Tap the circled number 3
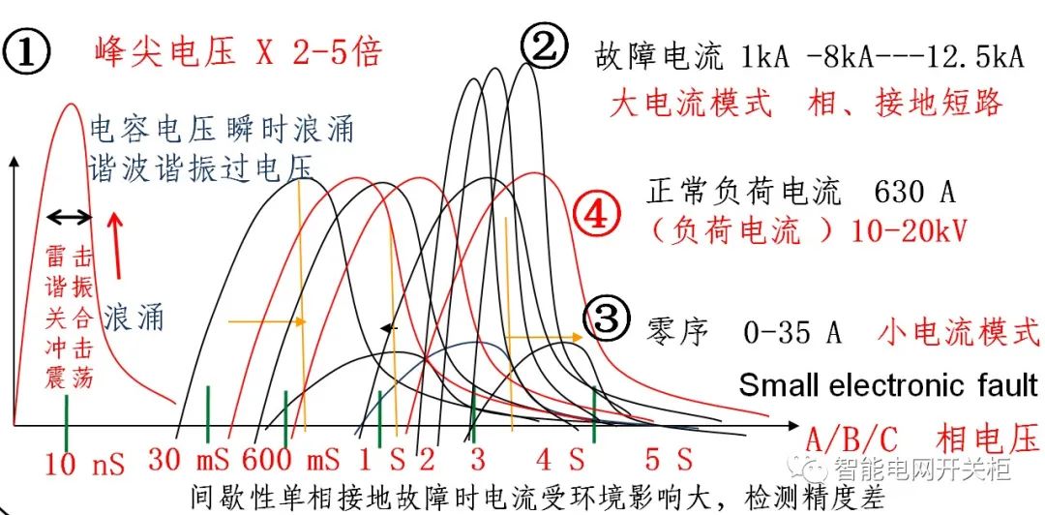(x=612, y=318)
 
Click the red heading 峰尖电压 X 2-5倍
(x=238, y=49)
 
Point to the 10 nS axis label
(x=85, y=463)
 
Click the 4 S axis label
(x=561, y=458)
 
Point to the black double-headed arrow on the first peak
(x=69, y=218)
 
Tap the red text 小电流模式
(x=959, y=332)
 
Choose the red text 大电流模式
(x=691, y=103)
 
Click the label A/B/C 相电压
(x=919, y=436)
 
